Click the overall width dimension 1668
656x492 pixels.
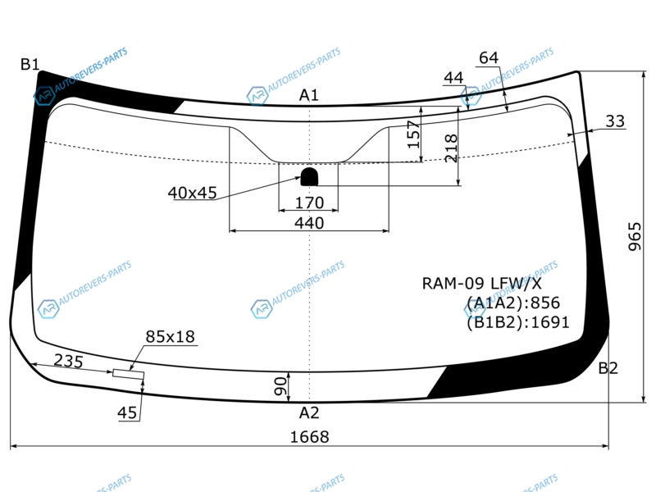point(310,437)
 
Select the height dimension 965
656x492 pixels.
point(635,237)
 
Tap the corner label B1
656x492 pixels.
point(30,64)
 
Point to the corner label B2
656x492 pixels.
point(608,368)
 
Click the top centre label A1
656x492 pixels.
point(309,95)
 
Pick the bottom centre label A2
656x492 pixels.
point(309,413)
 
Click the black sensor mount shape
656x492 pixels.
point(309,177)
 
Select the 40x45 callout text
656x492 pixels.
point(193,193)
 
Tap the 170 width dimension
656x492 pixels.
point(310,203)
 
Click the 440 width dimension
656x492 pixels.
point(309,223)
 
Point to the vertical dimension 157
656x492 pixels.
point(413,134)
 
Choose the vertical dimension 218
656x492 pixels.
point(451,148)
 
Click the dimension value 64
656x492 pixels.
point(489,57)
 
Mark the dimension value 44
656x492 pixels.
point(454,77)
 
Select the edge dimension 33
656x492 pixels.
point(615,121)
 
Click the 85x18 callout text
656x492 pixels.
point(171,336)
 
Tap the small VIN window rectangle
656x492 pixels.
point(129,375)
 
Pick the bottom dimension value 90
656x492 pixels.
point(281,386)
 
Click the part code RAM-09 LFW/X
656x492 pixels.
point(481,283)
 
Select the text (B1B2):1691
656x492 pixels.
point(518,322)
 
